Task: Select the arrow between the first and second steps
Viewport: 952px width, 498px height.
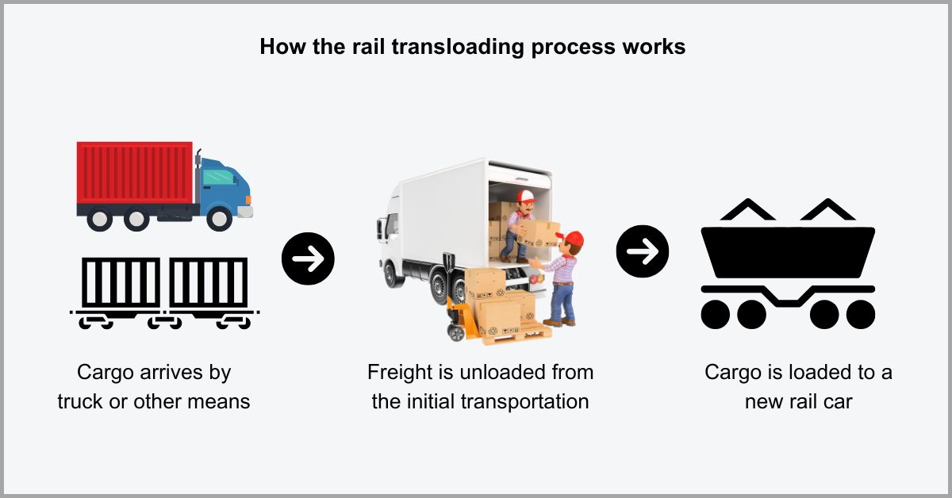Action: tap(308, 258)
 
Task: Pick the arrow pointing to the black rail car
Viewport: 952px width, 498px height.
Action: tap(643, 251)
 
